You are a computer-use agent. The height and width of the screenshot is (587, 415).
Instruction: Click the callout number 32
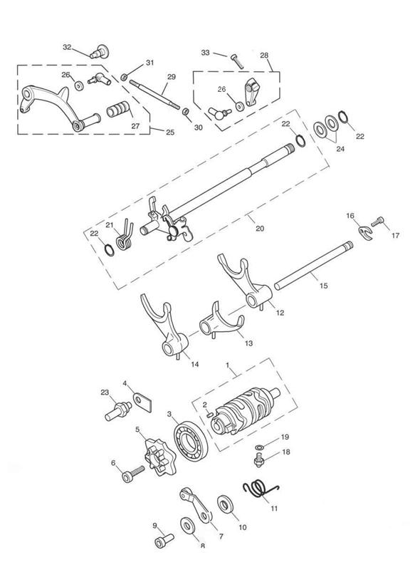pyautogui.click(x=67, y=47)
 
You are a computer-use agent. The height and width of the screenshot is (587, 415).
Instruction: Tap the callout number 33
pyautogui.click(x=206, y=53)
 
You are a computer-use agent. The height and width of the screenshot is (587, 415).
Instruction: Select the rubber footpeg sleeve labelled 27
pyautogui.click(x=118, y=110)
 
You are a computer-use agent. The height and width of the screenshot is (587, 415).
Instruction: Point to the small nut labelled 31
pyautogui.click(x=124, y=77)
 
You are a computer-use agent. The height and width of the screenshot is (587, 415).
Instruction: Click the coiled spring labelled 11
pyautogui.click(x=260, y=489)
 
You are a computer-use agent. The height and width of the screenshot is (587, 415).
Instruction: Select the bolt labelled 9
pyautogui.click(x=164, y=541)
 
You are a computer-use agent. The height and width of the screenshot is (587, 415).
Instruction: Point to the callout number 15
pyautogui.click(x=324, y=286)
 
